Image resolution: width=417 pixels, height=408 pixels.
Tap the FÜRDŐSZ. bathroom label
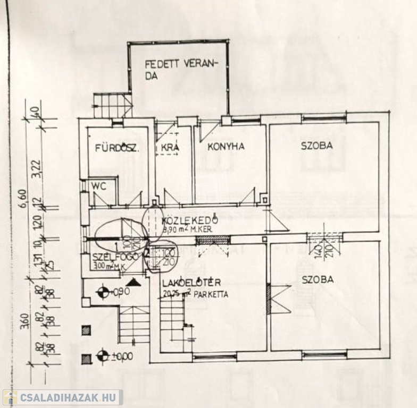tap(117, 148)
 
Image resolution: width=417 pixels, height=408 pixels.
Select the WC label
tap(98, 186)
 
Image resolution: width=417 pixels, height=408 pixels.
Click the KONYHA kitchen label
tap(226, 147)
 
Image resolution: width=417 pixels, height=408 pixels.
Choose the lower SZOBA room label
tap(318, 279)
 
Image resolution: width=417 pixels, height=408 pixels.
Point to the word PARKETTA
tap(211, 294)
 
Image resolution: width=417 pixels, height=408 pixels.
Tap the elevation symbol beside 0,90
tap(104, 291)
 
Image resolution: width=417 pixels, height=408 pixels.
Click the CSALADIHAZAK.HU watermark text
tap(69, 397)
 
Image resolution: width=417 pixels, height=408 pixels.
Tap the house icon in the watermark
tap(10, 397)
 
